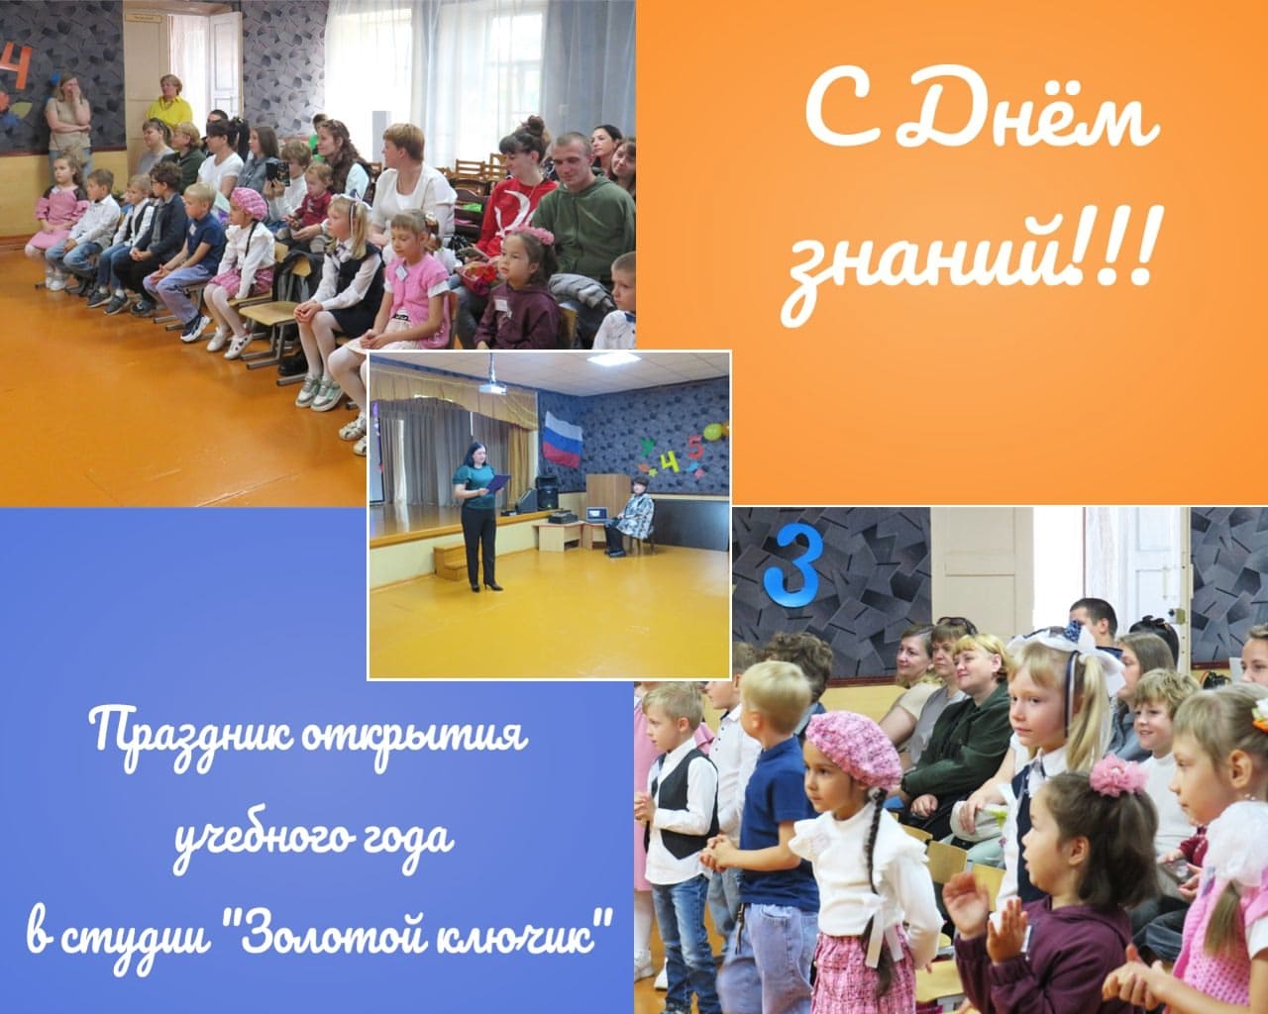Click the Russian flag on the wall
[562, 439]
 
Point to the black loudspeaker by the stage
[546, 492]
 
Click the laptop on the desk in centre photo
[597, 514]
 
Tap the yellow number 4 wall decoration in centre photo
[668, 463]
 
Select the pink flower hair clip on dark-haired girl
[1117, 775]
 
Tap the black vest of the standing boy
[684, 806]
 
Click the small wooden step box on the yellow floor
[451, 561]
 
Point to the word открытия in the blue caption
[414, 735]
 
